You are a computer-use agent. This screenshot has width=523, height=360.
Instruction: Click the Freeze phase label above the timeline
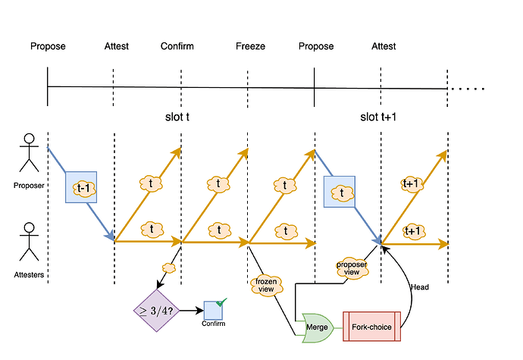point(250,46)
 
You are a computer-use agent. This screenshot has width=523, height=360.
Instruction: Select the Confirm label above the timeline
point(177,46)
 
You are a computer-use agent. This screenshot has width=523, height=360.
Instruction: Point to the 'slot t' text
point(177,117)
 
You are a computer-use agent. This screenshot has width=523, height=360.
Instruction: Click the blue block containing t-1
point(82,185)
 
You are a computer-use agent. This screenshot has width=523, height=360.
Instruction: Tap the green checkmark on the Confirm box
point(221,303)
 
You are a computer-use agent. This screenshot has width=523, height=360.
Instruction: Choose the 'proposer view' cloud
point(351,268)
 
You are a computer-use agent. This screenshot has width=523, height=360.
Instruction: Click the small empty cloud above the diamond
point(169,268)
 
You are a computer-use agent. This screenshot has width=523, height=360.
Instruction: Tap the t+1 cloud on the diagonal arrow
point(413,183)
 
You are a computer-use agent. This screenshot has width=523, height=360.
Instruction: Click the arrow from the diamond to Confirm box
point(191,310)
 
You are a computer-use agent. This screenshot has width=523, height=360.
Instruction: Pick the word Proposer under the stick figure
point(30,183)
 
